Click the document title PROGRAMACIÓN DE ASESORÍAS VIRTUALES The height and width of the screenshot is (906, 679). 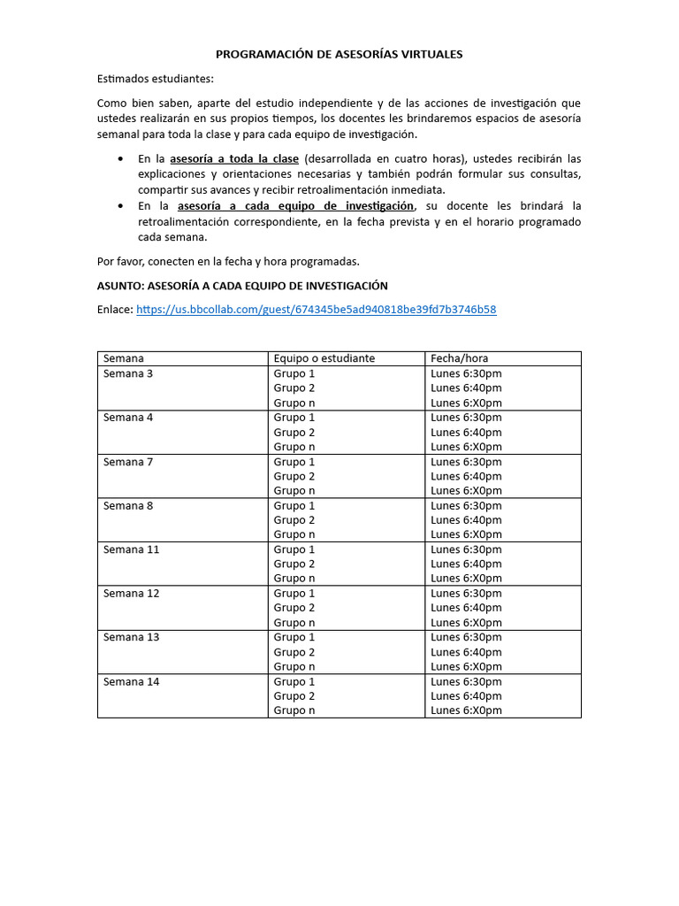[x=339, y=55]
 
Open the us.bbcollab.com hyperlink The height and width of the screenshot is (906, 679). [x=317, y=310]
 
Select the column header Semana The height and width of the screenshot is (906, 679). [x=124, y=358]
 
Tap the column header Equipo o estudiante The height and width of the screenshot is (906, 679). [x=324, y=358]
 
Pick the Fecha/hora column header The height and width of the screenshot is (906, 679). [x=459, y=358]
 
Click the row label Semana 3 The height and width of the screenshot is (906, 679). [x=128, y=373]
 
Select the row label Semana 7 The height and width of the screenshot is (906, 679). [x=128, y=462]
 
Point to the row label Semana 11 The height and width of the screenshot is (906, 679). [x=131, y=549]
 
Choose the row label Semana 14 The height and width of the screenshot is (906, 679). [x=131, y=681]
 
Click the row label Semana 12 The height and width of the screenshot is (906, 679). [x=131, y=594]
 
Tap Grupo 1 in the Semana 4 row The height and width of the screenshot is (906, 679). [x=294, y=418]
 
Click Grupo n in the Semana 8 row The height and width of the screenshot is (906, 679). [x=294, y=534]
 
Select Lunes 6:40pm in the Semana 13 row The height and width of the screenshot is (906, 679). [x=466, y=652]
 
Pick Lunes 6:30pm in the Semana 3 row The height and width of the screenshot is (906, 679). [x=466, y=373]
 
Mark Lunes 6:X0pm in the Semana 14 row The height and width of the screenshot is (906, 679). [x=466, y=710]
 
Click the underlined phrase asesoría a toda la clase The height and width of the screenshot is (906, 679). [x=234, y=159]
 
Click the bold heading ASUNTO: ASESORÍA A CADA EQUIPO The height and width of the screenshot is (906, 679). [x=242, y=286]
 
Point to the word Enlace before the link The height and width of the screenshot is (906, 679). [x=115, y=310]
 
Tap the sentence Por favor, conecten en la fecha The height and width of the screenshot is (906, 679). [x=228, y=262]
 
